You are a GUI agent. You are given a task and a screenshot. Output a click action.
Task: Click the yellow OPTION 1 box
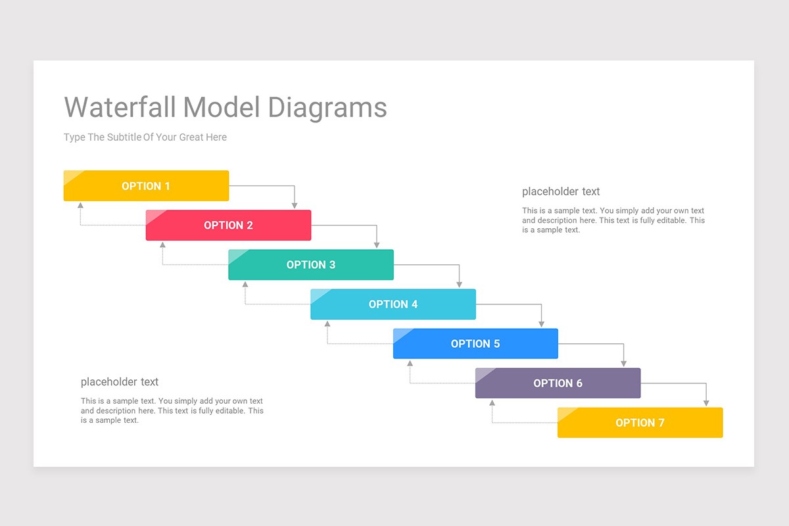point(146,186)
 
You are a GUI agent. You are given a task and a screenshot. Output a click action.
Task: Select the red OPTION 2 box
point(228,226)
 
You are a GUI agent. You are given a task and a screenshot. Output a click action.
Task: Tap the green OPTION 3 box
point(311,265)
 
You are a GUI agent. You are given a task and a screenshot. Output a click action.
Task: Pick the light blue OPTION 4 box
point(393,304)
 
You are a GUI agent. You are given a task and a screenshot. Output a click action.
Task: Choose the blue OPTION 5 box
point(475,344)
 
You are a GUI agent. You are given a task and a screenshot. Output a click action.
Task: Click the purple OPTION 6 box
point(558,383)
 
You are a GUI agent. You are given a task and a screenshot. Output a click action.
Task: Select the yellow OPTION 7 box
point(640,423)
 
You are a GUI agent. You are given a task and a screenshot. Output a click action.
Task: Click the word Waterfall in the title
point(120,107)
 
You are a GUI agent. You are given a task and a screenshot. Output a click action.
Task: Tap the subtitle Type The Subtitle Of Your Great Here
point(145,137)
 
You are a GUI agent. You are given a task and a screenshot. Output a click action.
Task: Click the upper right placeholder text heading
point(561,192)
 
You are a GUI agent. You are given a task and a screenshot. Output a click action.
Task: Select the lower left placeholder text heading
point(120,382)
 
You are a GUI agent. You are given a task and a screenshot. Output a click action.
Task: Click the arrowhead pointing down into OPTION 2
point(295,206)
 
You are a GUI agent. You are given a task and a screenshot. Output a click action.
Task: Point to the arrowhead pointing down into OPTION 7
point(706,403)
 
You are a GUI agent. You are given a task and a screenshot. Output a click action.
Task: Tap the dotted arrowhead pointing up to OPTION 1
point(80,205)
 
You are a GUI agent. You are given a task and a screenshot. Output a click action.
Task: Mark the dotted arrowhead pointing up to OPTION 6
point(492,402)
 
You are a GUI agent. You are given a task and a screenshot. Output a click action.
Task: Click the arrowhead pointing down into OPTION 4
point(459,285)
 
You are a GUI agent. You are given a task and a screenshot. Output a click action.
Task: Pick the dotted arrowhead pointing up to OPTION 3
point(245,284)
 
